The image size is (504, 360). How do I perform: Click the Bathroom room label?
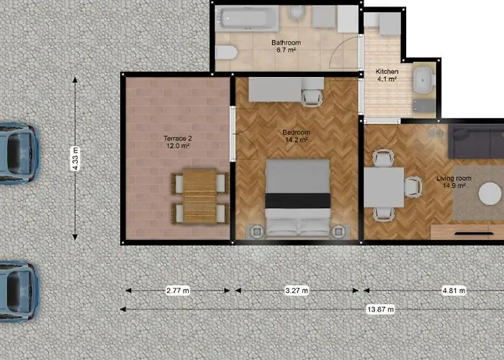point(286,47)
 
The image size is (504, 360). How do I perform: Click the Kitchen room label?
point(387,76)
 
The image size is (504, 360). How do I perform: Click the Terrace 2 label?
point(175,140)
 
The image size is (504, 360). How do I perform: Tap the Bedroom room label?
point(296,137)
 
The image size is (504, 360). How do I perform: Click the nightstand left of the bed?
point(256,232)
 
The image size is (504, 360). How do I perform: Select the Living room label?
point(454,181)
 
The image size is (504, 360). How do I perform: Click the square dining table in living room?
point(384,187)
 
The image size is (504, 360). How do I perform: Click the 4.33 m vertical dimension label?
point(76,159)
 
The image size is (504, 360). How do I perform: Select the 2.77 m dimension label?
point(177,291)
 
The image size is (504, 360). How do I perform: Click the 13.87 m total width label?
point(380,309)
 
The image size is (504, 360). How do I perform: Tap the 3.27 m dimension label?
point(295,291)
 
